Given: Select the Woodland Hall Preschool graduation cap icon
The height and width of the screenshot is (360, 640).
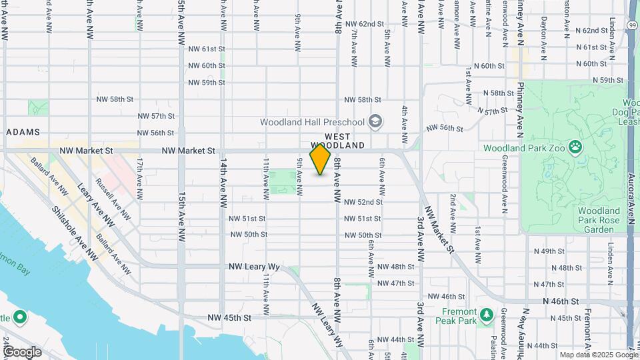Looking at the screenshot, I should (x=375, y=121).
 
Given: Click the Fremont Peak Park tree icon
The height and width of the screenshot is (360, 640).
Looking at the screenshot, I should (x=487, y=313).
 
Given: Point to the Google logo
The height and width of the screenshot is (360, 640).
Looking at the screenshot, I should (x=22, y=352).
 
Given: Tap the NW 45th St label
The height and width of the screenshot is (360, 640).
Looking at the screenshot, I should (x=229, y=318).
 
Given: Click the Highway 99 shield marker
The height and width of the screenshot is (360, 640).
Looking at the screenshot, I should (x=631, y=25).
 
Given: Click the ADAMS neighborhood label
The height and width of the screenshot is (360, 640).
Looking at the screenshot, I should (x=23, y=132).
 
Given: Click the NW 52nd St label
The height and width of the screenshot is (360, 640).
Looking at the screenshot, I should (x=363, y=201).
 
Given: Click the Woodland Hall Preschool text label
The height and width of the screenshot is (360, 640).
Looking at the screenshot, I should (x=313, y=122).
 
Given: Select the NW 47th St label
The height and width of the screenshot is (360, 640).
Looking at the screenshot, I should (x=395, y=283).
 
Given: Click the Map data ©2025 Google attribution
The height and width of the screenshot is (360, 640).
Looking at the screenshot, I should (x=598, y=355).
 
